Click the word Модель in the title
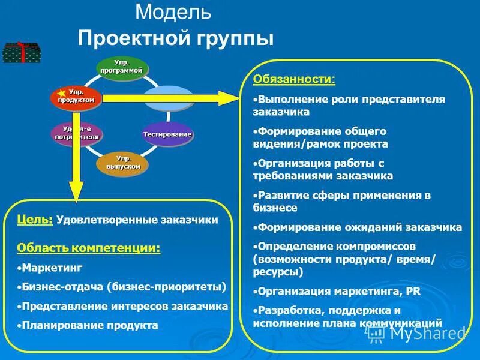pyautogui.click(x=173, y=12)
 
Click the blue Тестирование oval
pyautogui.click(x=167, y=134)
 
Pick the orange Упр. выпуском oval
pyautogui.click(x=122, y=162)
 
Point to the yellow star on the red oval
pyautogui.click(x=61, y=92)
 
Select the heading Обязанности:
pyautogui.click(x=294, y=79)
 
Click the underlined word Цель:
pyautogui.click(x=35, y=220)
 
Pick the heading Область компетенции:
pyautogui.click(x=89, y=248)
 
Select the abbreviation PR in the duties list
pyautogui.click(x=413, y=292)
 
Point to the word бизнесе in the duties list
pyautogui.click(x=275, y=208)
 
